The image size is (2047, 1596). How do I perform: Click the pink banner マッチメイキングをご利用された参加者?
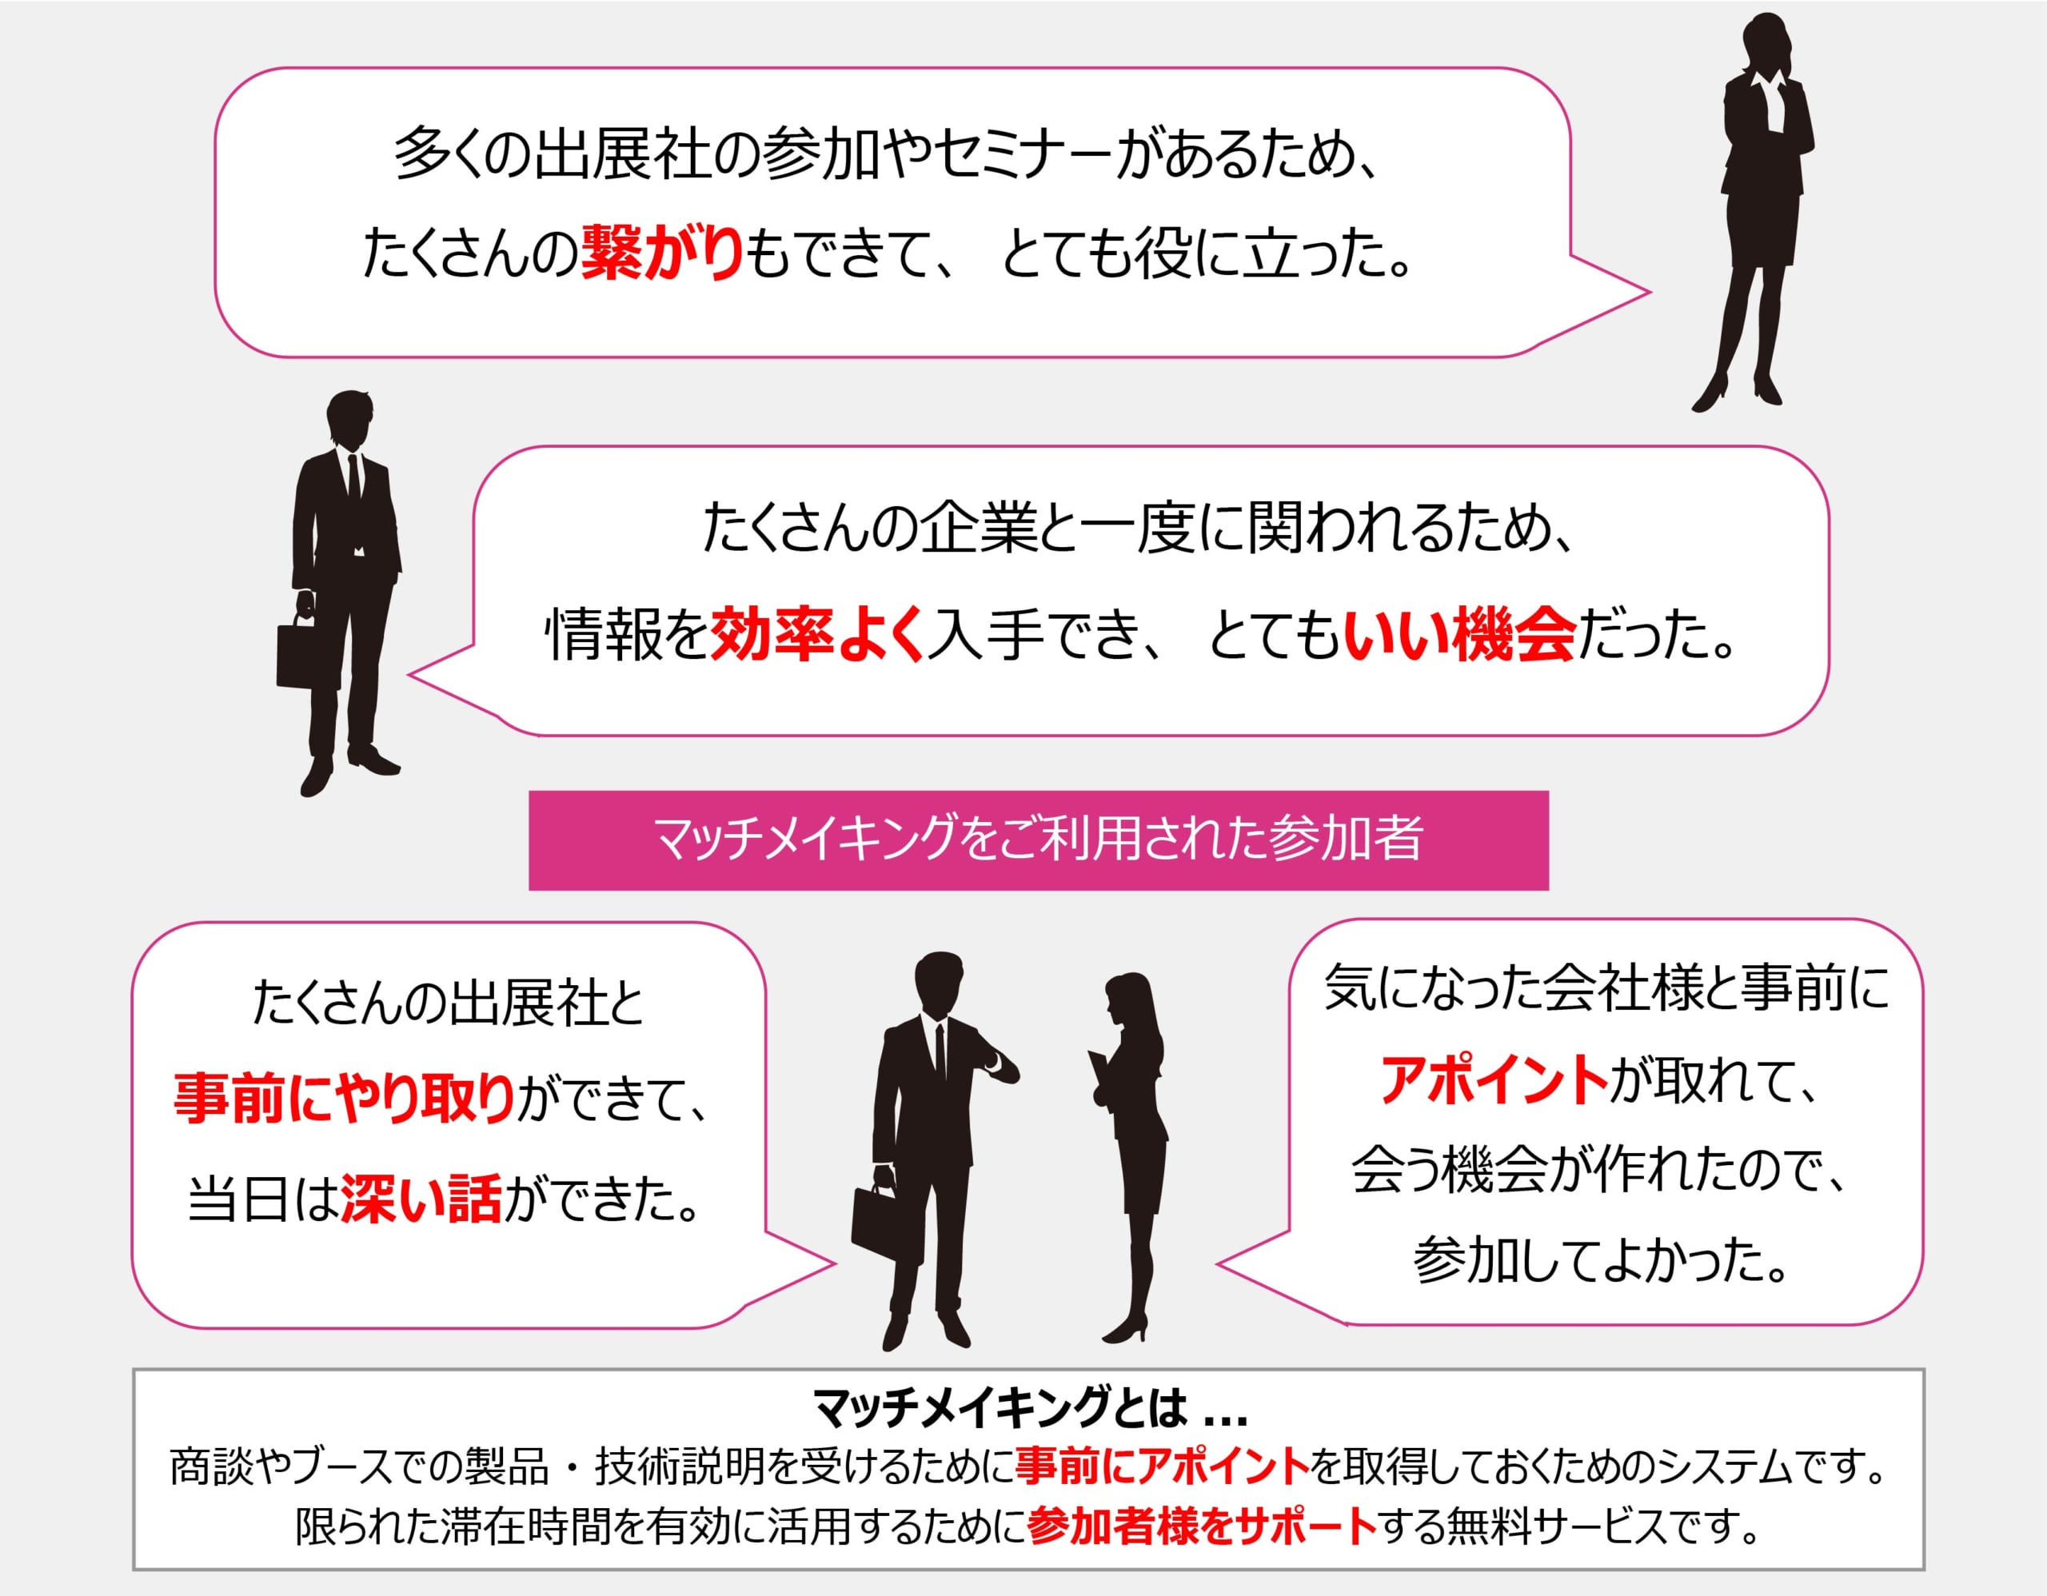[1039, 840]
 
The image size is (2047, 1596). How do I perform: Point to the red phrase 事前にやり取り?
[345, 1099]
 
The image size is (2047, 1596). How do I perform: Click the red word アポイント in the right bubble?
[1494, 1079]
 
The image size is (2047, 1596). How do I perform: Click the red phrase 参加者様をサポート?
[1203, 1526]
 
